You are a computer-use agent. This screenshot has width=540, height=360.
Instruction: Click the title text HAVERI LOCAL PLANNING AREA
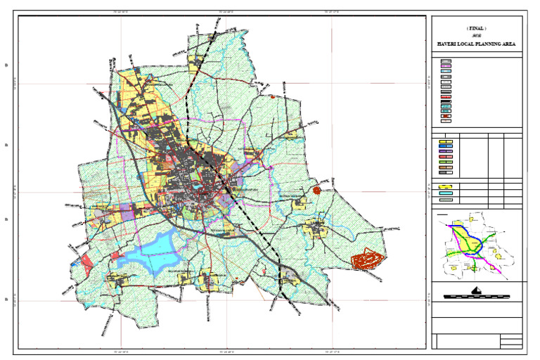[x=477, y=44]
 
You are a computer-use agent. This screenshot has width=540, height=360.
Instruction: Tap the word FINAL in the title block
[x=477, y=28]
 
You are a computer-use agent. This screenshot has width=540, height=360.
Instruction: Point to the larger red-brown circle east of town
[x=316, y=189]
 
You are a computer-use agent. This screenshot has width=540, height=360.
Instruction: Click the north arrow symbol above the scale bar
[x=477, y=289]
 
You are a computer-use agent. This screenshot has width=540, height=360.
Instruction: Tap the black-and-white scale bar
[x=477, y=297]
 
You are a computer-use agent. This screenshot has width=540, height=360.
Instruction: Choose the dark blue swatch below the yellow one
[x=445, y=146]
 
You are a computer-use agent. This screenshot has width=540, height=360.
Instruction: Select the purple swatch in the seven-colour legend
[x=445, y=151]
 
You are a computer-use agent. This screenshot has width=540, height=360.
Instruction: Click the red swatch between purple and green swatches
[x=445, y=157]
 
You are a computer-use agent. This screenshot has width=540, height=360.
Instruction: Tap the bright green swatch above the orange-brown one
[x=445, y=162]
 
